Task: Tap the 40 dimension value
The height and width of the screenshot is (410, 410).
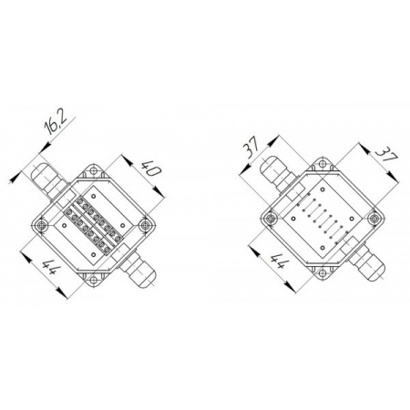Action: click(x=151, y=169)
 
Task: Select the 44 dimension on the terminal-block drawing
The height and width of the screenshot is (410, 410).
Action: click(x=50, y=267)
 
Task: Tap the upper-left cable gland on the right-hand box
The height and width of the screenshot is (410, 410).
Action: click(x=277, y=174)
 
